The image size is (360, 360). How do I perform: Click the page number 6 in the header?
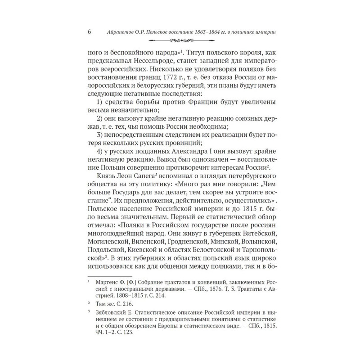click(x=89, y=32)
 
